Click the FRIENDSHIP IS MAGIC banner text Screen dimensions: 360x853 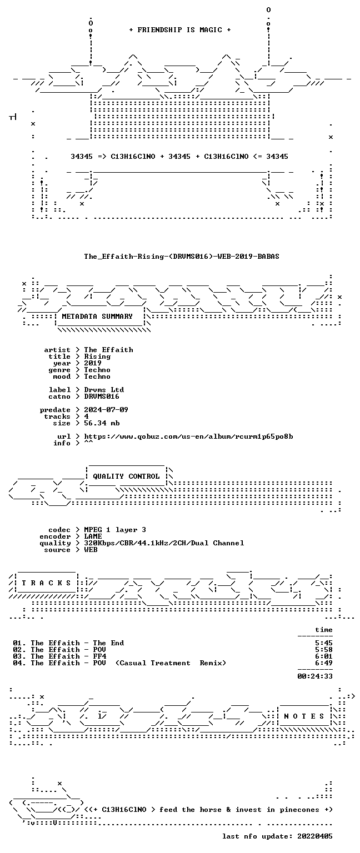[x=180, y=29]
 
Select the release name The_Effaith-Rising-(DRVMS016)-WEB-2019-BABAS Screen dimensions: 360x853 [x=182, y=256]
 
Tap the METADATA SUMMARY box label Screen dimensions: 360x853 [x=97, y=316]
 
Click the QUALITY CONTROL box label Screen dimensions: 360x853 [x=126, y=476]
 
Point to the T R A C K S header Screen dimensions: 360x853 [x=46, y=583]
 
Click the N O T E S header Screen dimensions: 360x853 [x=304, y=716]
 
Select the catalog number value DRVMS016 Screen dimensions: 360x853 [x=102, y=397]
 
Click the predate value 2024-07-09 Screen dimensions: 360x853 [x=106, y=410]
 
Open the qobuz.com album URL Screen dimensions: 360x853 [x=188, y=436]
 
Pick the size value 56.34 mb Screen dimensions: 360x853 [x=102, y=423]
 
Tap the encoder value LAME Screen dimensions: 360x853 [x=93, y=536]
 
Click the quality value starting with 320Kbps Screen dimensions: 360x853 [x=164, y=543]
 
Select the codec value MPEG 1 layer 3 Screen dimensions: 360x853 [x=115, y=530]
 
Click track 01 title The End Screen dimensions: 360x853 [x=108, y=643]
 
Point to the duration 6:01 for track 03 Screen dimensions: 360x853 [x=324, y=656]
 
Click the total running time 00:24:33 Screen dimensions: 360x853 [x=315, y=676]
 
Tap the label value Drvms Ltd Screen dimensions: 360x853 [x=104, y=389]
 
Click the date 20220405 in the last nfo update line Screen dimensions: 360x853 [x=315, y=836]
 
